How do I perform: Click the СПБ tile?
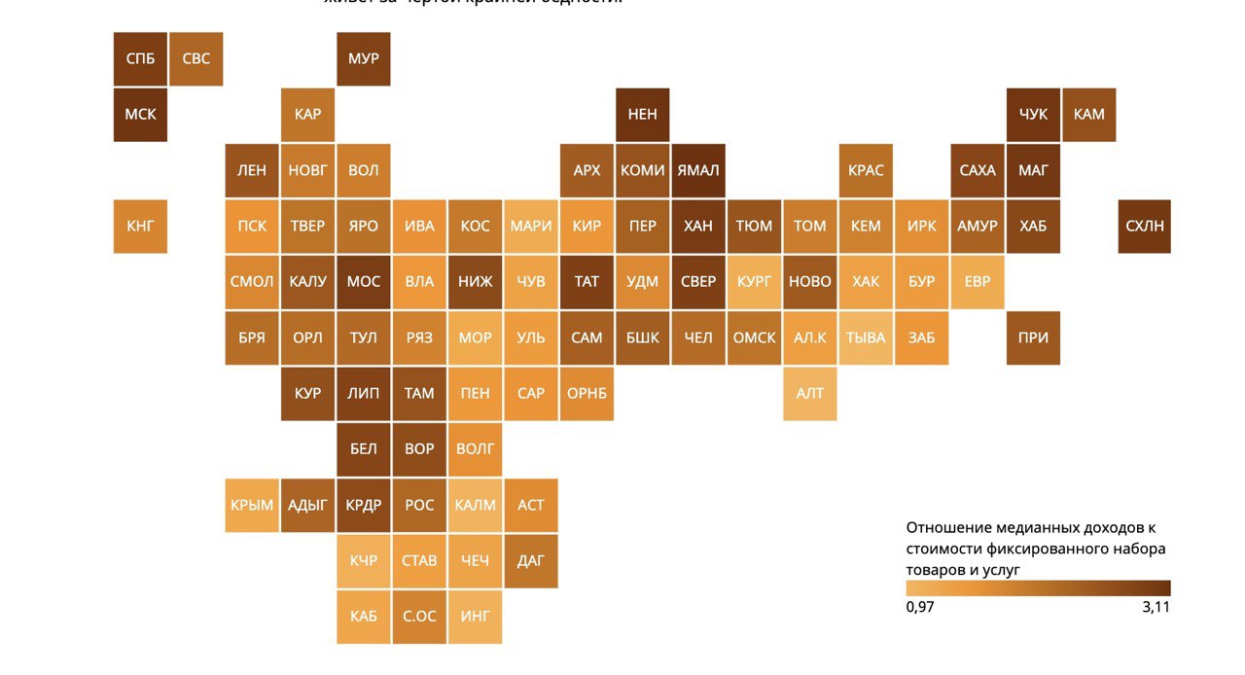tap(140, 58)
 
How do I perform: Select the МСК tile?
tap(140, 114)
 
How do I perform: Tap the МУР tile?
tap(364, 58)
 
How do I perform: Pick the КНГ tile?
tap(140, 226)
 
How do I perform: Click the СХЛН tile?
tap(1145, 226)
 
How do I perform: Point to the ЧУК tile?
tap(1033, 114)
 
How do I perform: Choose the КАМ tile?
tap(1089, 114)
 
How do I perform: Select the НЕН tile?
tap(642, 114)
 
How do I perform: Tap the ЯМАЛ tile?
tap(698, 170)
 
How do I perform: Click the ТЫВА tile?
tap(866, 337)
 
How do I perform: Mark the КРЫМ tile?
tap(252, 505)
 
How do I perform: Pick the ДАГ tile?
tap(531, 560)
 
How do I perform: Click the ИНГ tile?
tap(476, 616)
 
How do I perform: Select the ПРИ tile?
tap(1033, 337)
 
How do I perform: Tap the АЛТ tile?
tap(810, 393)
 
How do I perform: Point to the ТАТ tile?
tap(587, 281)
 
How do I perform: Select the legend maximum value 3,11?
tap(1155, 607)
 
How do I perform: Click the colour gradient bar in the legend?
tap(1038, 587)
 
